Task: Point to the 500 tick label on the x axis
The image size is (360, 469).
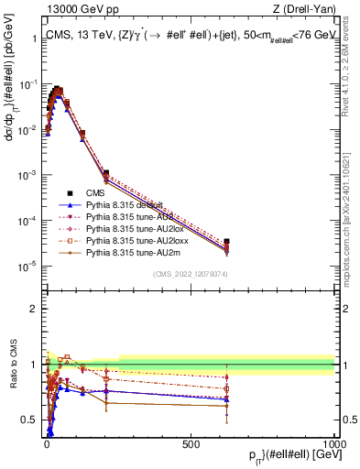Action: click(191, 442)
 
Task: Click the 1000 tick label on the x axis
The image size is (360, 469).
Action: click(333, 442)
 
